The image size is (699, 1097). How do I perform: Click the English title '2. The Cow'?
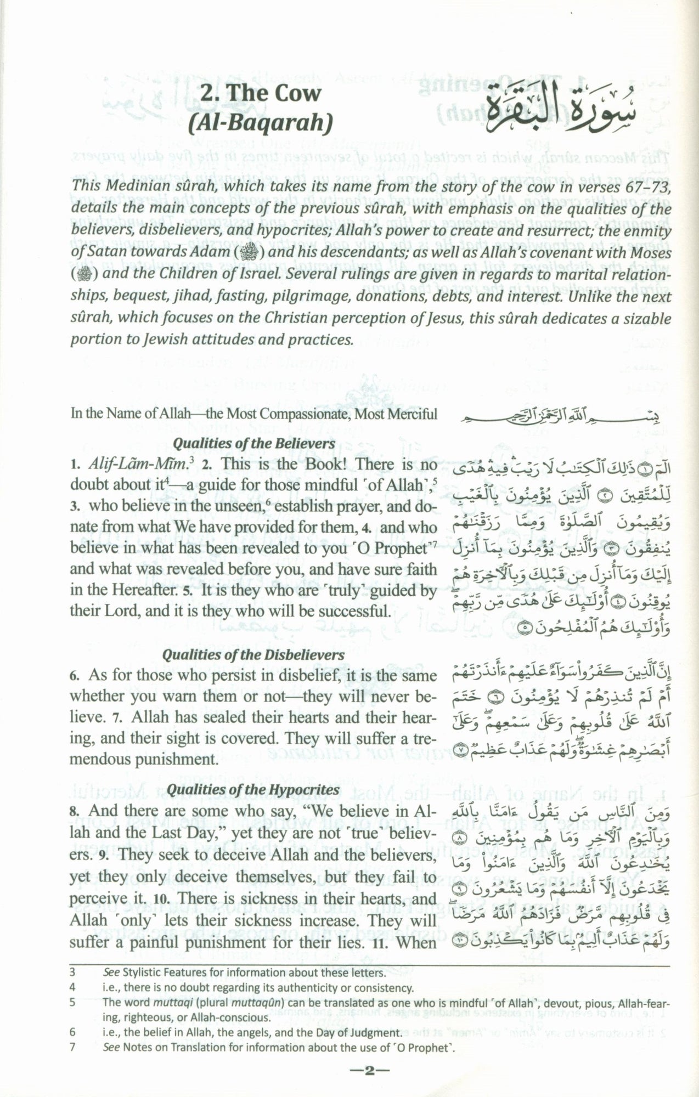point(260,93)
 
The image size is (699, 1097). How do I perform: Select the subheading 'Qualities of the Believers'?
point(253,443)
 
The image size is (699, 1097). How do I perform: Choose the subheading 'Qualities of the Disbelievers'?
point(253,655)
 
